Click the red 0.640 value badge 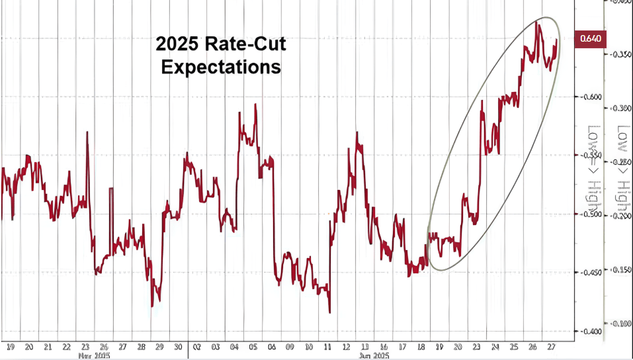590,38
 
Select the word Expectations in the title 221,67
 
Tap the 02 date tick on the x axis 196,347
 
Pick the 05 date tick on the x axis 253,347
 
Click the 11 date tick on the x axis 327,347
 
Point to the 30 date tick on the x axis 177,347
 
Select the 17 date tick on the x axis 403,347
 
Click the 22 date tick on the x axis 65,347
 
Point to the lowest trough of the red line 329,312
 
